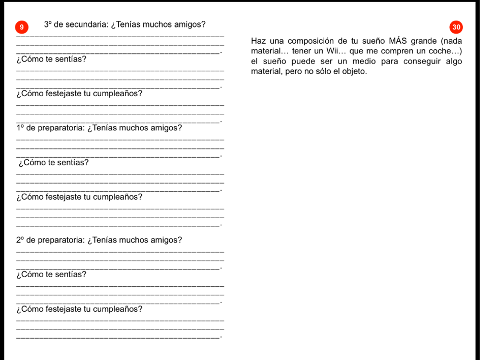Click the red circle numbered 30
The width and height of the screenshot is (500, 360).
tap(456, 26)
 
